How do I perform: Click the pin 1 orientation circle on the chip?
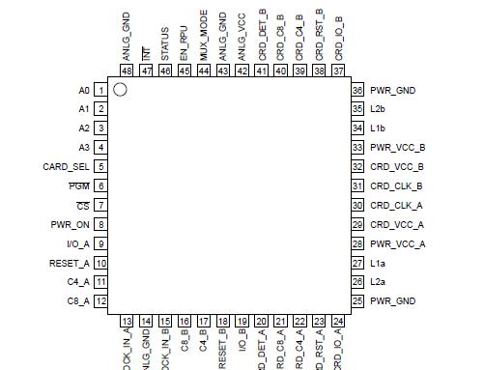click(x=120, y=90)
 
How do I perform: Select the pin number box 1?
click(x=100, y=90)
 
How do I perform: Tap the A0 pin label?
click(x=83, y=90)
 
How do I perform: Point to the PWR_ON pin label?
click(x=70, y=224)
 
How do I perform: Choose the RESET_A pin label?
click(x=70, y=263)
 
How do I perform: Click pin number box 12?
click(x=100, y=301)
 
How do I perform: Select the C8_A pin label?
click(x=78, y=301)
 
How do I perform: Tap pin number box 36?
click(x=357, y=90)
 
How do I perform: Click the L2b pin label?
click(x=378, y=109)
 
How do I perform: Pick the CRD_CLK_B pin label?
click(x=396, y=185)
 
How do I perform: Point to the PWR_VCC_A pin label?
click(x=398, y=243)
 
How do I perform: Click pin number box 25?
click(x=357, y=301)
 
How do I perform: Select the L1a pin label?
click(x=378, y=263)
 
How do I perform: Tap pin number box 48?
click(x=127, y=71)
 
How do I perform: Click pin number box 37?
click(x=338, y=71)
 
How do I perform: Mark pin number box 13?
click(x=127, y=321)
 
